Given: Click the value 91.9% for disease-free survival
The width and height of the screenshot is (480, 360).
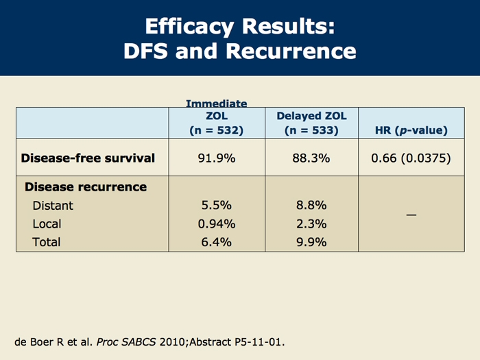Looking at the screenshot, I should pyautogui.click(x=217, y=158).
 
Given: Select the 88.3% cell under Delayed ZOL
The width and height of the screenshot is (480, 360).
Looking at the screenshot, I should pyautogui.click(x=313, y=158).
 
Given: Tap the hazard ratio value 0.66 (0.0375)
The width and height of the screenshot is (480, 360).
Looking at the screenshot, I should pyautogui.click(x=411, y=158).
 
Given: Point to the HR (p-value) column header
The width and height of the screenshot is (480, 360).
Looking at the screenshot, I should pyautogui.click(x=411, y=130).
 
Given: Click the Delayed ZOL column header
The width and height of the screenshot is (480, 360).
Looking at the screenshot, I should pyautogui.click(x=313, y=123).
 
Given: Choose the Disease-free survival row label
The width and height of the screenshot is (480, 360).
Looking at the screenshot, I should pyautogui.click(x=88, y=158).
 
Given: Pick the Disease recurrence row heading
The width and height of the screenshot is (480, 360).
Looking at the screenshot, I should pyautogui.click(x=86, y=187).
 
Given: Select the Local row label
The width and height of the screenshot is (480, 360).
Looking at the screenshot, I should pyautogui.click(x=47, y=224).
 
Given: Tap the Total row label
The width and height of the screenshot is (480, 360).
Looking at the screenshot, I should pyautogui.click(x=47, y=241).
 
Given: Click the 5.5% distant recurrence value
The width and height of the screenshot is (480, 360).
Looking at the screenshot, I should pyautogui.click(x=217, y=205).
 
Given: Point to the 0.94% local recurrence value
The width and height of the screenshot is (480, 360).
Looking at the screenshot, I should pyautogui.click(x=217, y=224).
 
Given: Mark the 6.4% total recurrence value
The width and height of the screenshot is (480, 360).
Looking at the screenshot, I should pyautogui.click(x=217, y=241).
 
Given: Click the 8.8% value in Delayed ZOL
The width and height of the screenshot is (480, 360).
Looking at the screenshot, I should pyautogui.click(x=313, y=205).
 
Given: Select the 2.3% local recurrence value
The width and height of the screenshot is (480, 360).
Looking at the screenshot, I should pyautogui.click(x=313, y=224).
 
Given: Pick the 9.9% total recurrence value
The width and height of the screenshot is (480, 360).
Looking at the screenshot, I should pyautogui.click(x=313, y=241).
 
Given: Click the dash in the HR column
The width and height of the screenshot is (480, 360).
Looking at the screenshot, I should pyautogui.click(x=411, y=215).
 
